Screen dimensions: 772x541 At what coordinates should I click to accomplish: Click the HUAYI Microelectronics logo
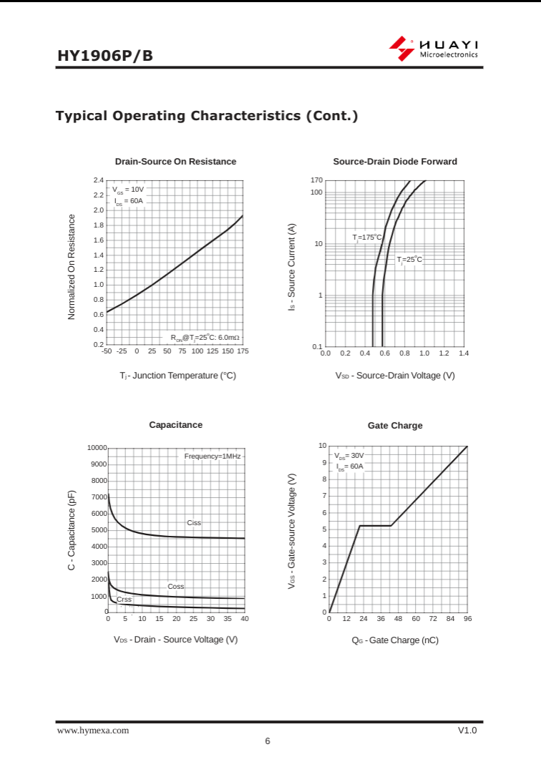[x=434, y=49]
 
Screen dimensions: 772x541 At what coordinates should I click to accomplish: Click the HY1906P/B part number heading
[x=105, y=56]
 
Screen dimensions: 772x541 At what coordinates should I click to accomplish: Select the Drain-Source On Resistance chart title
[x=175, y=162]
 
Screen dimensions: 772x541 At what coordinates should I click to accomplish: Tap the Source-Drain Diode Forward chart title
[x=395, y=162]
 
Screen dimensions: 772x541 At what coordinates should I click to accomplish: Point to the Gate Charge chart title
[x=395, y=426]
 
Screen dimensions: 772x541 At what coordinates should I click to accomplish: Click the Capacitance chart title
[x=175, y=425]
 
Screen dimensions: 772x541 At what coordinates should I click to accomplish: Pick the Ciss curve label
[x=194, y=523]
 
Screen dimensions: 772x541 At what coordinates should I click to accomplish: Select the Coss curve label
[x=176, y=587]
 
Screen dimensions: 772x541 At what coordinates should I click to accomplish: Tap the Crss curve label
[x=124, y=600]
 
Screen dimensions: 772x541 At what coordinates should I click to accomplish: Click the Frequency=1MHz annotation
[x=213, y=456]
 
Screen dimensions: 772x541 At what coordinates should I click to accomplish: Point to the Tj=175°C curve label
[x=367, y=237]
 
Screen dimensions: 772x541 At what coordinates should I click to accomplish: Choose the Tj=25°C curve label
[x=409, y=260]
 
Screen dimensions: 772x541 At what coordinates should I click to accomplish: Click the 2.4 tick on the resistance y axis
[x=99, y=180]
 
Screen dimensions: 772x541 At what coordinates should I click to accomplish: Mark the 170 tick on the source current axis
[x=316, y=180]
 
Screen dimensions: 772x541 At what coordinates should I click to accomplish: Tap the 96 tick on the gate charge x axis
[x=467, y=619]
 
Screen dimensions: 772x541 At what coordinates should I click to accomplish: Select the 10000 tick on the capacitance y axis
[x=97, y=448]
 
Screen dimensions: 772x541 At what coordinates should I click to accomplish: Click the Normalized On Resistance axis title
[x=72, y=267]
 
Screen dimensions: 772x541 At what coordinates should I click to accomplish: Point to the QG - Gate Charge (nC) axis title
[x=395, y=640]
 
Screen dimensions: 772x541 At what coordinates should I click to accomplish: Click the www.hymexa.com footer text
[x=93, y=731]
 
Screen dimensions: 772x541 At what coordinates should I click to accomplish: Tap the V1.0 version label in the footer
[x=467, y=731]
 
